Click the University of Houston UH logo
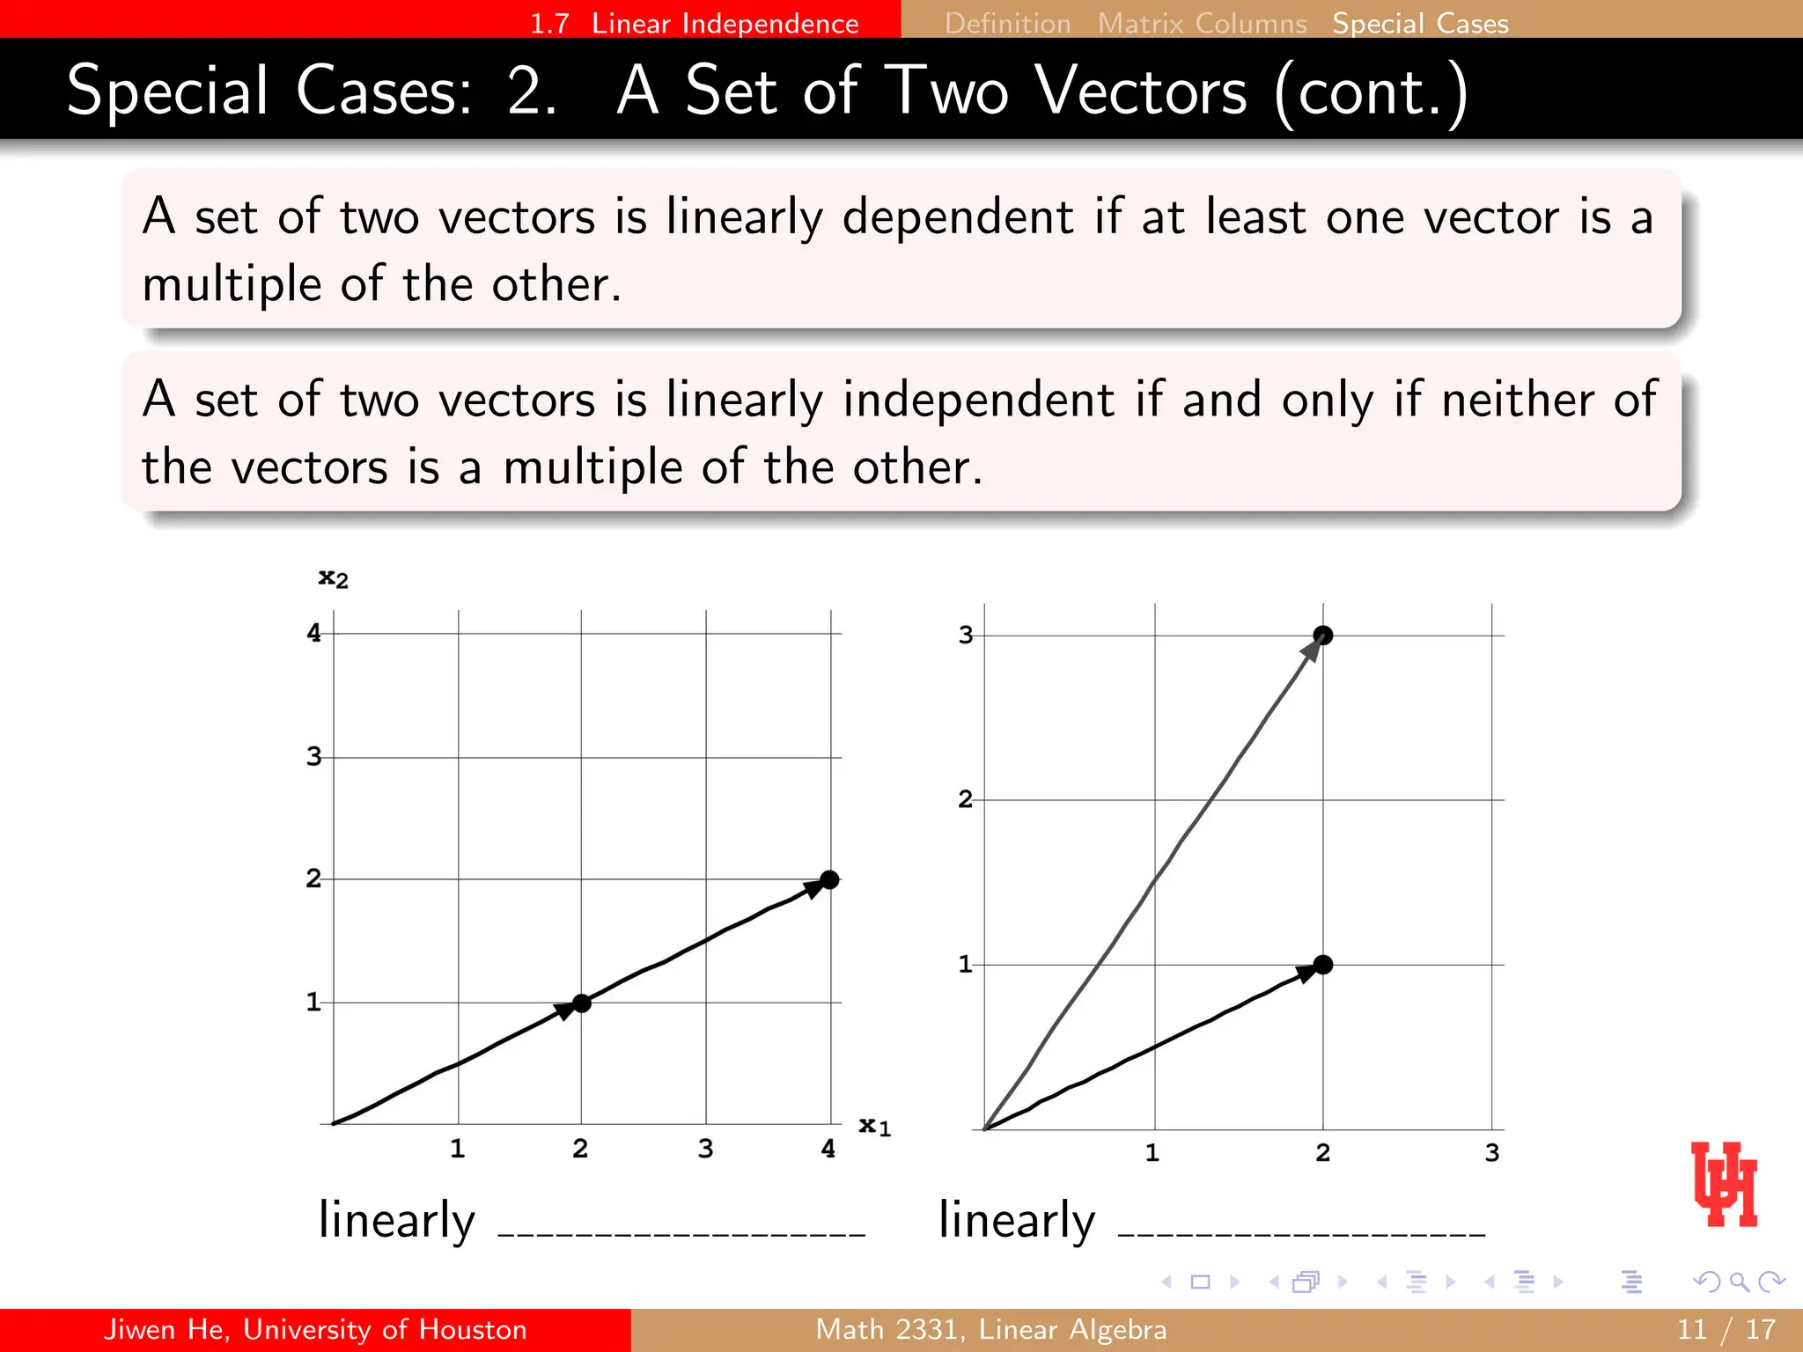1724,1184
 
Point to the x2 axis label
333,578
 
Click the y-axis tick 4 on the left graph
313,633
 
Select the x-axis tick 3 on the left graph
705,1149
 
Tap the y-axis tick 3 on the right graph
966,635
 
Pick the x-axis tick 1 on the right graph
1152,1153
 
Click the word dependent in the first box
958,217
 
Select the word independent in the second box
978,400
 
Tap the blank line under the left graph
681,1232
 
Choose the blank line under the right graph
1301,1232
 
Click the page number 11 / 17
1726,1329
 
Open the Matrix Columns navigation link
1202,23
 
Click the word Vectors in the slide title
1141,91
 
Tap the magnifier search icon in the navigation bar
1739,1282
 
